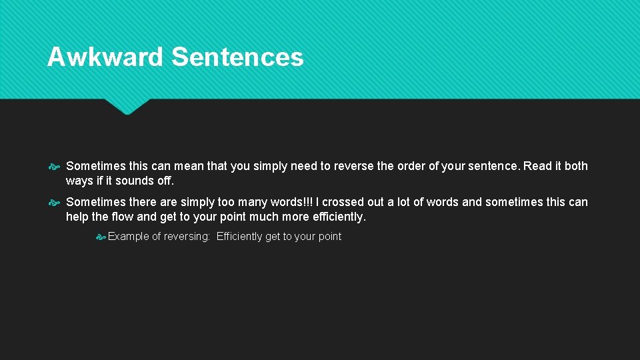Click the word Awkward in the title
click(105, 57)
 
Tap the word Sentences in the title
click(237, 57)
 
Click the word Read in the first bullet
click(538, 166)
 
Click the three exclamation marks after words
click(309, 202)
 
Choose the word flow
click(123, 217)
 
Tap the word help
click(78, 217)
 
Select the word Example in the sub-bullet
click(129, 237)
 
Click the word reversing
click(186, 237)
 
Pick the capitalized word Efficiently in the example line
click(239, 237)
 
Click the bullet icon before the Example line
click(101, 237)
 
